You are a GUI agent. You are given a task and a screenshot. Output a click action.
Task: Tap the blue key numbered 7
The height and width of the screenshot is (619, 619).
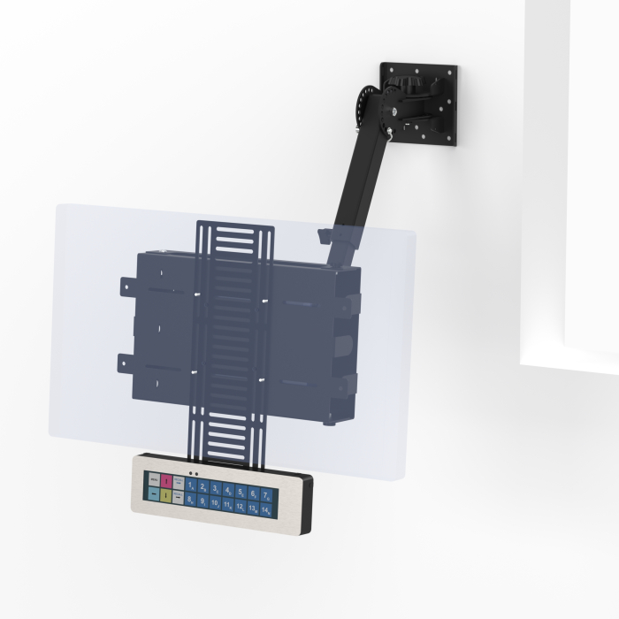[266, 494]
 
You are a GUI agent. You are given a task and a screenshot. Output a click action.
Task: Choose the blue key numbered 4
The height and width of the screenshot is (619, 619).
[228, 490]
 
